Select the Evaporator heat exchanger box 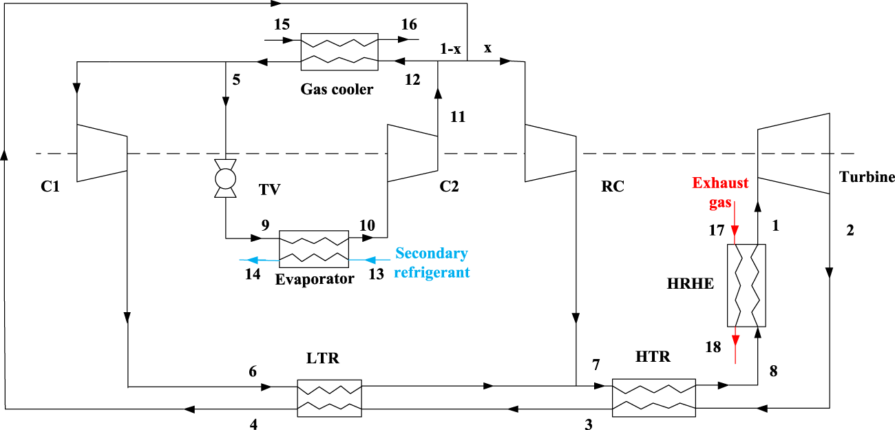click(313, 249)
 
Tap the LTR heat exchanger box click(329, 398)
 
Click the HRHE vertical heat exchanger click(746, 285)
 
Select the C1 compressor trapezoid click(101, 152)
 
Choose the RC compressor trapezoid click(550, 152)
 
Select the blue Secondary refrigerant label click(432, 263)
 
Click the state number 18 click(713, 347)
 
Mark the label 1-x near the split click(450, 49)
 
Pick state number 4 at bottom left click(254, 424)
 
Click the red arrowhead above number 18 click(735, 340)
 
